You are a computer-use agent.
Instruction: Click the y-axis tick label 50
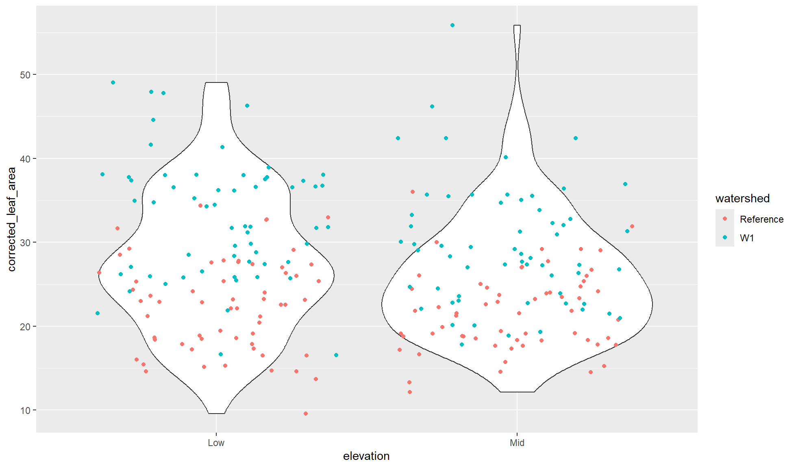coord(25,75)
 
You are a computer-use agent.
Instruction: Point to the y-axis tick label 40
coord(25,159)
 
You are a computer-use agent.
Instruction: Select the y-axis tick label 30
coord(25,243)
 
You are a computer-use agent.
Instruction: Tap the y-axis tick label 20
coord(25,327)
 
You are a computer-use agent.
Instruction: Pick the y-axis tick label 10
coord(25,410)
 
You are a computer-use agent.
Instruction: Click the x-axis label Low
coord(216,443)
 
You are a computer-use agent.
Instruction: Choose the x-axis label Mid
coord(517,443)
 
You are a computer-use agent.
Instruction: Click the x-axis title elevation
coord(366,456)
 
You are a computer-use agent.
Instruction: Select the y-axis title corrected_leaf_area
coord(11,219)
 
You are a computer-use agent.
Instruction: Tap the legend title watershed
coord(742,198)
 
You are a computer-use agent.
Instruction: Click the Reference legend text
coord(761,219)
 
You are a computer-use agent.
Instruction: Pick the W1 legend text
coord(747,238)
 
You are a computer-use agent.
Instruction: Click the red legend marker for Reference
coord(725,219)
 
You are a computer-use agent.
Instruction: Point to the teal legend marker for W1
coord(725,238)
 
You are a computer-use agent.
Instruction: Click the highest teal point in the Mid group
coord(452,25)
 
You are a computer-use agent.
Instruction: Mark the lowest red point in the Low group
coord(306,414)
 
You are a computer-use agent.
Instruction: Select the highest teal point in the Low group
coord(113,82)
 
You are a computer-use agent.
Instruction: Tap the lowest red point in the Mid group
coord(410,392)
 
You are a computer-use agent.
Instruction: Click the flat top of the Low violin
coord(216,83)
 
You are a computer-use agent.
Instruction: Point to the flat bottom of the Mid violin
coord(517,392)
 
